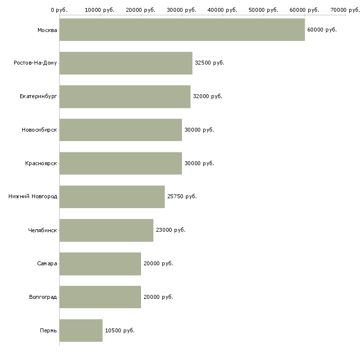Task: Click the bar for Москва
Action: (182, 30)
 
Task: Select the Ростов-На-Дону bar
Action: (126, 63)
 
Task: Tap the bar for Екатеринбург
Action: (125, 97)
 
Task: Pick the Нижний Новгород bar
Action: (112, 197)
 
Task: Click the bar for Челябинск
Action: (107, 230)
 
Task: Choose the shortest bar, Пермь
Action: (81, 330)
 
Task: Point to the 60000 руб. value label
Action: (322, 30)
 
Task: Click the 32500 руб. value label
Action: (210, 63)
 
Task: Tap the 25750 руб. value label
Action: (182, 196)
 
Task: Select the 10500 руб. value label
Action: (120, 330)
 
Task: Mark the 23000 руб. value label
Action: (170, 230)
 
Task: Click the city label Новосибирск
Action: (39, 130)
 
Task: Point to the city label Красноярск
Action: (41, 163)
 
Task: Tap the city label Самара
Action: (47, 263)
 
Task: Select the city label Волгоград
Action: (43, 297)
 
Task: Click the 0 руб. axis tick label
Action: (59, 10)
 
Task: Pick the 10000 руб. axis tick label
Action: (100, 10)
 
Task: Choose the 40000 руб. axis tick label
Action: (222, 10)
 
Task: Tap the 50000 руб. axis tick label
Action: (263, 10)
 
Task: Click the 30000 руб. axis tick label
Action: (181, 10)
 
